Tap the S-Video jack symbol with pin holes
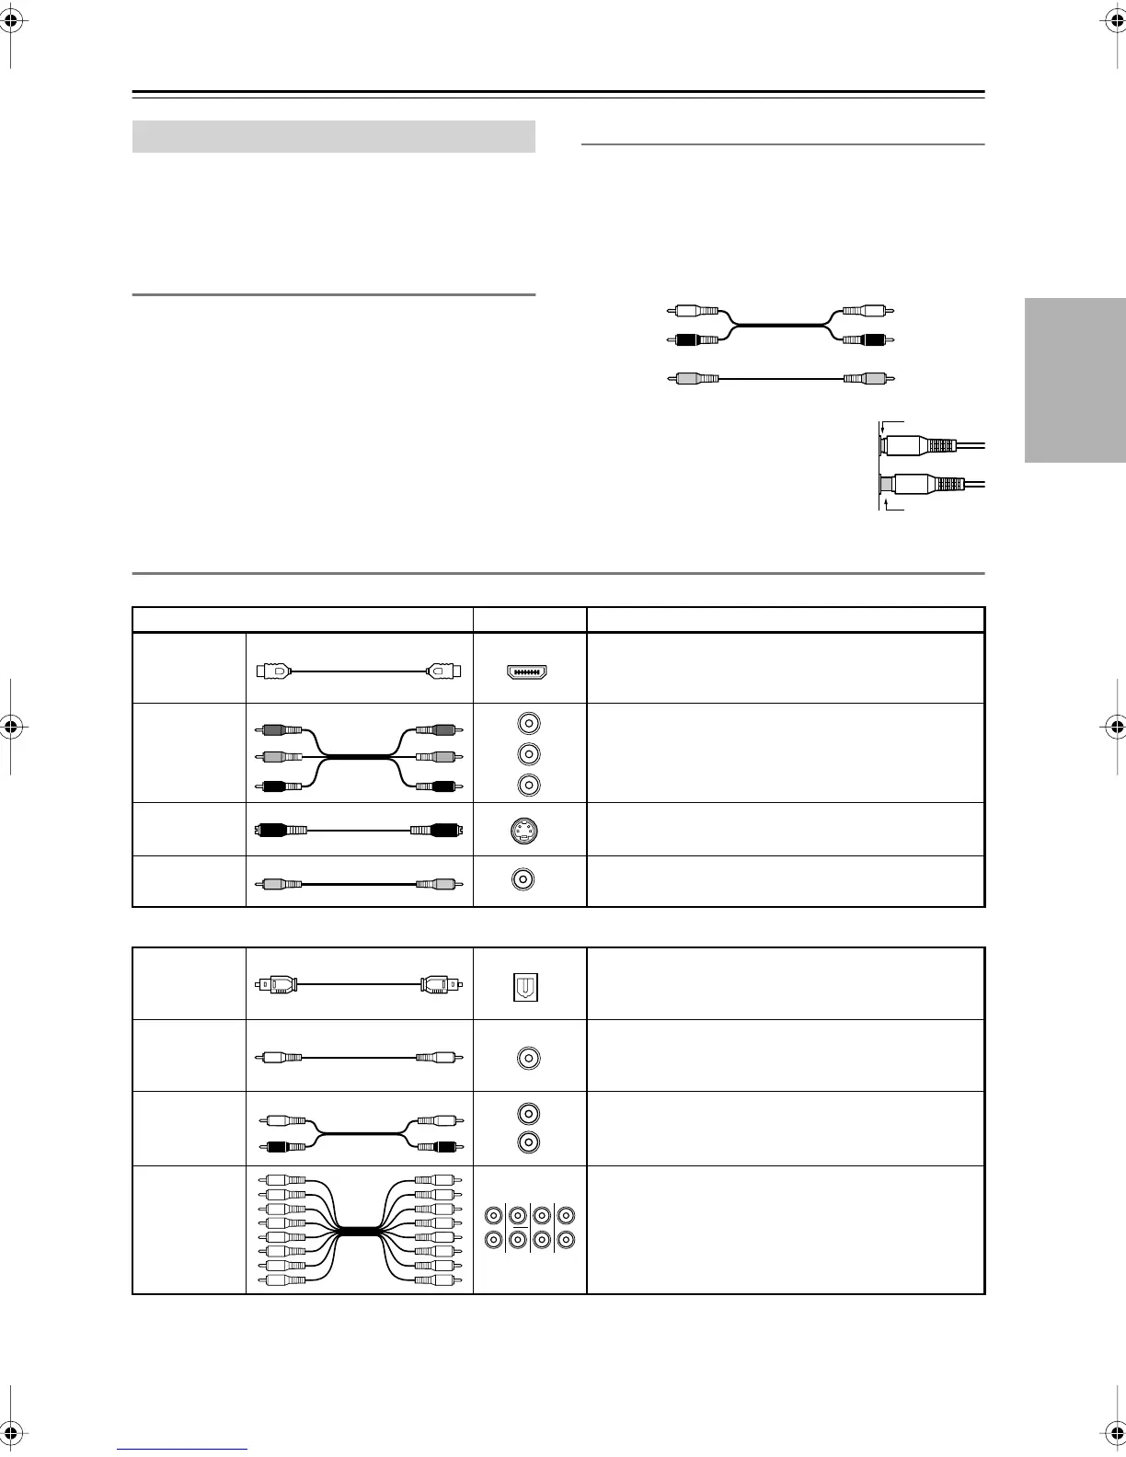point(523,832)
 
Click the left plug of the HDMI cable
point(273,671)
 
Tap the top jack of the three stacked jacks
point(529,723)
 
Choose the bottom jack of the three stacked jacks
point(529,785)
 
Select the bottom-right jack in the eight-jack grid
point(566,1239)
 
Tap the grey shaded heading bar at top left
point(334,136)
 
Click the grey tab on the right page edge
point(1074,381)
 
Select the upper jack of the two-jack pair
point(529,1115)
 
